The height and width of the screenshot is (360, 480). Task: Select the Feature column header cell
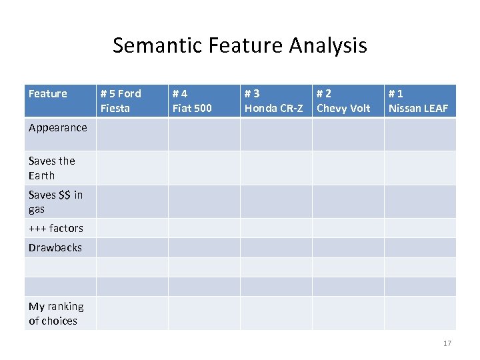[x=48, y=94]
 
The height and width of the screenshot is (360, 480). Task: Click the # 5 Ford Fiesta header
[x=121, y=101]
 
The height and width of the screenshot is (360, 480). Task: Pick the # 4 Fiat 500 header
[x=192, y=101]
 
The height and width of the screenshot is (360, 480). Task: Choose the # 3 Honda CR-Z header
[x=273, y=101]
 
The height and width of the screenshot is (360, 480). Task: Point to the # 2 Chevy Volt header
[x=343, y=101]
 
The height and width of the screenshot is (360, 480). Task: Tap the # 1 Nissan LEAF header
[x=418, y=101]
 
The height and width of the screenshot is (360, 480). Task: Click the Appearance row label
[x=58, y=127]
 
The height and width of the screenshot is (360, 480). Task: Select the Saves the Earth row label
[x=52, y=168]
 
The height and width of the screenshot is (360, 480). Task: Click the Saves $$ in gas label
[x=55, y=201]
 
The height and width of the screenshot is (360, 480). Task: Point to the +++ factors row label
[x=56, y=228]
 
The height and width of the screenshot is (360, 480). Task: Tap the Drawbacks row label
[x=55, y=247]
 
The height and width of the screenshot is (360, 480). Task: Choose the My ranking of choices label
[x=56, y=313]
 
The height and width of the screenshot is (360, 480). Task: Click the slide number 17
[x=447, y=343]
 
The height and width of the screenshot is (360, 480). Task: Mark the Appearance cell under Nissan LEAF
[x=420, y=134]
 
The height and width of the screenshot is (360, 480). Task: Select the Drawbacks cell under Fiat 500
[x=204, y=247]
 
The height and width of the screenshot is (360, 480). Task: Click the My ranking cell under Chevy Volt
[x=348, y=313]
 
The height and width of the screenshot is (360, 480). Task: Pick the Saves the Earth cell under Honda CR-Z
[x=276, y=168]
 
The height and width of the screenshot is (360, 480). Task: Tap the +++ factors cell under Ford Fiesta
[x=132, y=228]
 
